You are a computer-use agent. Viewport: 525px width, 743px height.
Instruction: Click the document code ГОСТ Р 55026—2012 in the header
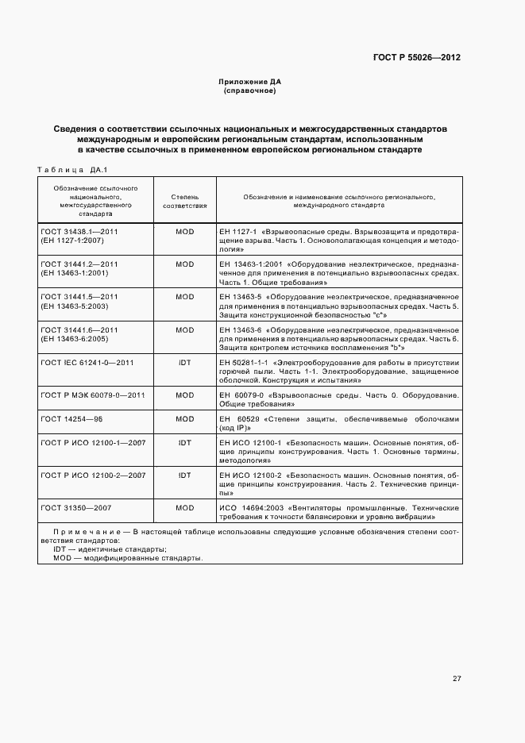pos(417,58)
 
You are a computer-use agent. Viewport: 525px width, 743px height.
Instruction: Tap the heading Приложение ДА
pos(250,82)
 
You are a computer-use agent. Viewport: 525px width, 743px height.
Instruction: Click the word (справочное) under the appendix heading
pos(250,91)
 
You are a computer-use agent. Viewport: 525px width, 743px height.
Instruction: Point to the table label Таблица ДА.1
pos(72,168)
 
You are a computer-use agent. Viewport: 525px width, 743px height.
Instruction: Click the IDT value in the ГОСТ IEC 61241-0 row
pos(184,362)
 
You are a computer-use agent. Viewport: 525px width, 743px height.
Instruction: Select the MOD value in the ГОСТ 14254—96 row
pos(184,418)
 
